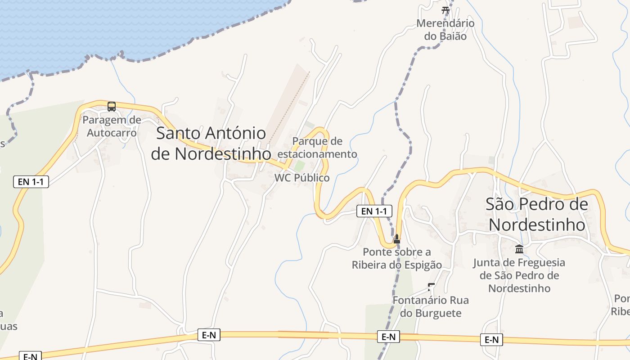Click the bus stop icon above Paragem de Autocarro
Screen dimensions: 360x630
pyautogui.click(x=112, y=107)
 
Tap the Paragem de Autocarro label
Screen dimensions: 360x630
pyautogui.click(x=112, y=126)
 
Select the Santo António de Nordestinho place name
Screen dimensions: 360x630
pyautogui.click(x=211, y=144)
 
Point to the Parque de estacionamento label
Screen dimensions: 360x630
pyautogui.click(x=317, y=148)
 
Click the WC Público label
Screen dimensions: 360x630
pyautogui.click(x=302, y=178)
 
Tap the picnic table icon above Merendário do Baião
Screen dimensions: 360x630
pyautogui.click(x=445, y=10)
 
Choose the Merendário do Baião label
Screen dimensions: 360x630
pyautogui.click(x=445, y=29)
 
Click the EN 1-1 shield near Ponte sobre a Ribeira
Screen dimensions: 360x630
pyautogui.click(x=374, y=211)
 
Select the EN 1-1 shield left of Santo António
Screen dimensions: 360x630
pyautogui.click(x=31, y=182)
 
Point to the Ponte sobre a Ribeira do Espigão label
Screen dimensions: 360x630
pyautogui.click(x=397, y=258)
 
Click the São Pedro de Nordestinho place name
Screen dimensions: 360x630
pyautogui.click(x=537, y=214)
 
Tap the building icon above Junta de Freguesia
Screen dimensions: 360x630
pyautogui.click(x=519, y=249)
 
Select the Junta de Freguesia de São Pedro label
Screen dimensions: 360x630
pyautogui.click(x=519, y=275)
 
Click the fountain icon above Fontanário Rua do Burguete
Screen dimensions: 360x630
pyautogui.click(x=431, y=286)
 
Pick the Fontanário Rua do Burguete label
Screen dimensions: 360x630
pyautogui.click(x=431, y=306)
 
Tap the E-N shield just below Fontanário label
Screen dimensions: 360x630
pyautogui.click(x=388, y=337)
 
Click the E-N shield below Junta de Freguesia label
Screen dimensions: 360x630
pyautogui.click(x=491, y=340)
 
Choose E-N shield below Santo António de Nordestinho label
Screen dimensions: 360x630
pyautogui.click(x=209, y=335)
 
